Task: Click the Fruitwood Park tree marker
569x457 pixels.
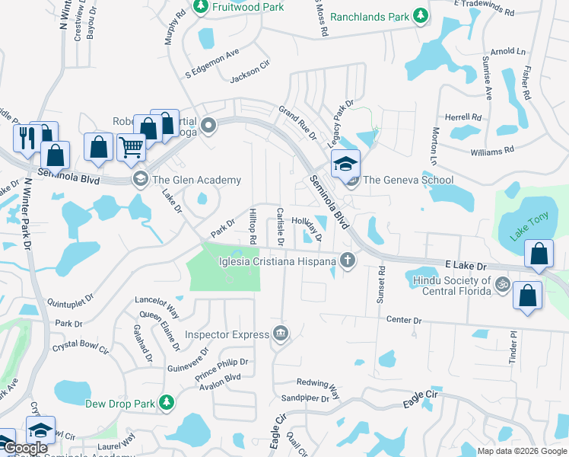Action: pyautogui.click(x=201, y=8)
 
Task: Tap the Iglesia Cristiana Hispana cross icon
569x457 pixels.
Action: pyautogui.click(x=348, y=261)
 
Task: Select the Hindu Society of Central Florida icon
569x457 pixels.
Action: pyautogui.click(x=501, y=285)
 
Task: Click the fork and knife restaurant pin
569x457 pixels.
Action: pyautogui.click(x=24, y=138)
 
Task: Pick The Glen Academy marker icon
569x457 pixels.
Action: pyautogui.click(x=140, y=180)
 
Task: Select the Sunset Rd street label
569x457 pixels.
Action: pyautogui.click(x=381, y=286)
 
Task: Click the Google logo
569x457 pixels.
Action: pyautogui.click(x=25, y=449)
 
